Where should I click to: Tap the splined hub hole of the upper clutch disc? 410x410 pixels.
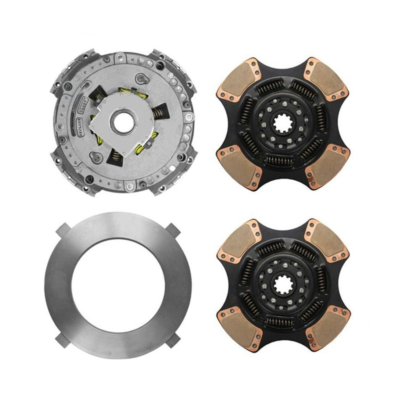[x=282, y=123]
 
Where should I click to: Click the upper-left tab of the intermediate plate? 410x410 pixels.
[x=63, y=229]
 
